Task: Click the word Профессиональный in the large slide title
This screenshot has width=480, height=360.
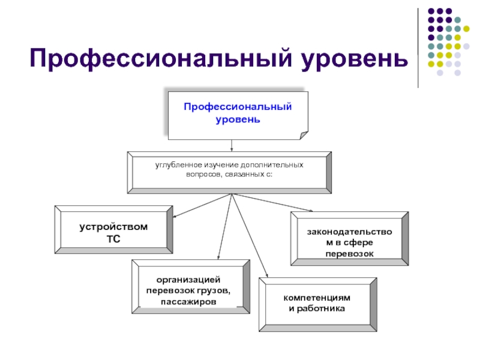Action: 161,58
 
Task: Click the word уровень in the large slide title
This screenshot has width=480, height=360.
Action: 355,59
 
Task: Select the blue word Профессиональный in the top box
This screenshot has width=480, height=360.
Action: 238,107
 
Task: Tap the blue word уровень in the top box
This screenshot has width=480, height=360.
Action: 238,119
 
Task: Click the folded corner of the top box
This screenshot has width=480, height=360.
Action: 304,135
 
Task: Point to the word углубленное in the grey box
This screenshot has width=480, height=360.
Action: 178,166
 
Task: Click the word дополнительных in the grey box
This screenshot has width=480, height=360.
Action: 272,165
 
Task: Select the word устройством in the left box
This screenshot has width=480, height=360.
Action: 113,227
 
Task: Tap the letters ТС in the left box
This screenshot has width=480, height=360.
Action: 113,239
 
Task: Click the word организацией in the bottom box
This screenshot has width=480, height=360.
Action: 188,280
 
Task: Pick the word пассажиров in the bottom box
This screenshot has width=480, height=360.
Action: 188,302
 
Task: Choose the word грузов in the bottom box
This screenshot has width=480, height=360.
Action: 214,290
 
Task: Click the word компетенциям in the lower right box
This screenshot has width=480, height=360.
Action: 317,298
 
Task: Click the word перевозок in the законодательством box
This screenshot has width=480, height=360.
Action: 350,254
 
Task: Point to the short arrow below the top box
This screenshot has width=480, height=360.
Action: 232,145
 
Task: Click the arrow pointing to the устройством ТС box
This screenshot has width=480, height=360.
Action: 202,205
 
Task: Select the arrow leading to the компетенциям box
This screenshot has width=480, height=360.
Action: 250,235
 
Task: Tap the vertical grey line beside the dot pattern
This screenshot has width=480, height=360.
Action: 418,48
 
